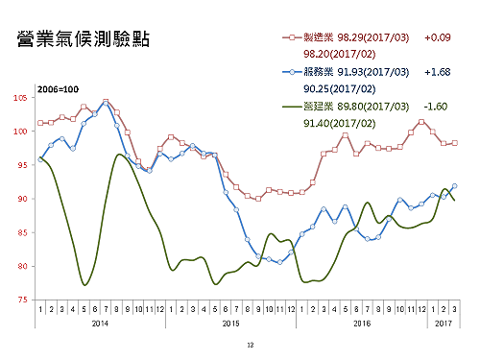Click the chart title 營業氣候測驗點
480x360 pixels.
click(84, 40)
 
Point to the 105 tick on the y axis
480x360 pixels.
click(20, 98)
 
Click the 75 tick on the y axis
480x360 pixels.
click(22, 300)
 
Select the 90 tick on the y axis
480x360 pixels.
click(22, 199)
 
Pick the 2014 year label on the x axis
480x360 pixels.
click(101, 324)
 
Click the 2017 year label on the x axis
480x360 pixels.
click(443, 324)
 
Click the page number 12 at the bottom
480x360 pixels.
click(250, 344)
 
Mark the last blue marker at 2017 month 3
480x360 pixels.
click(454, 186)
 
